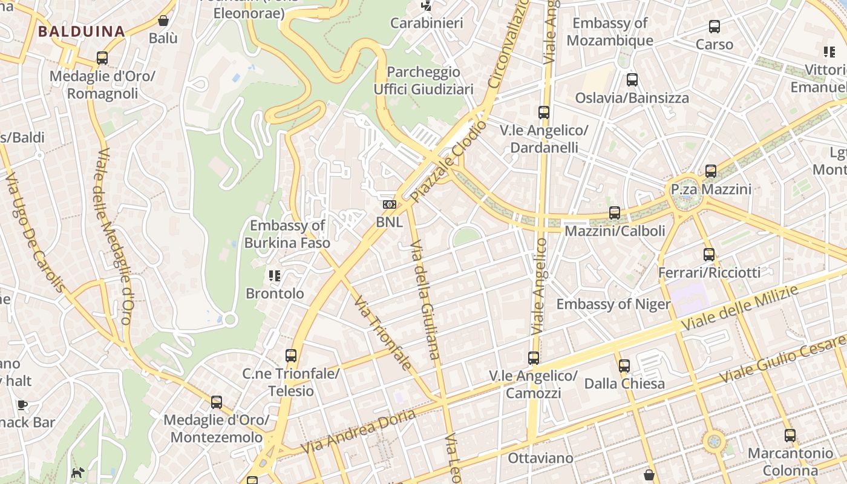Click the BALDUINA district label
coord(82,31)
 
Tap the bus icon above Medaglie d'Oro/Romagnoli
coord(102,58)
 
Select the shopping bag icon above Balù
coord(163,21)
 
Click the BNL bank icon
coord(389,205)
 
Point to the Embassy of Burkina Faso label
coord(287,234)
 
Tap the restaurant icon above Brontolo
coord(275,276)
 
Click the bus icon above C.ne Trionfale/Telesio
coord(291,356)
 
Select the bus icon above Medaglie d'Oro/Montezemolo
coord(216,402)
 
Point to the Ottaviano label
coord(540,458)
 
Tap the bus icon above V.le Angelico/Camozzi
coord(533,358)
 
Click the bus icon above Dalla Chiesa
coord(624,365)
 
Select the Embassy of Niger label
coord(613,304)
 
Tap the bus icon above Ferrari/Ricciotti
coord(709,255)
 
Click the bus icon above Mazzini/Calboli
coord(615,213)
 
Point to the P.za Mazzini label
coord(711,189)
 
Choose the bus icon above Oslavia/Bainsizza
coord(632,80)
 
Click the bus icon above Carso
coord(715,27)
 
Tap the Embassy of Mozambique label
coord(610,31)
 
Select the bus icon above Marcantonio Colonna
coord(790,436)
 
